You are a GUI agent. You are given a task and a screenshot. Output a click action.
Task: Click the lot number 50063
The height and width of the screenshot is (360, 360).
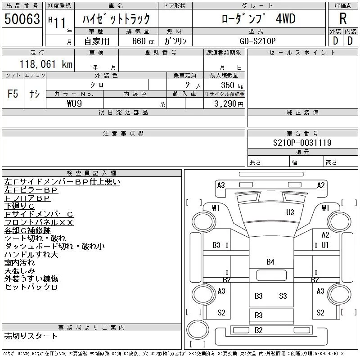22,19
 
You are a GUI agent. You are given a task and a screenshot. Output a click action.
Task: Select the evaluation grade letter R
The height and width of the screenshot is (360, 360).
343,18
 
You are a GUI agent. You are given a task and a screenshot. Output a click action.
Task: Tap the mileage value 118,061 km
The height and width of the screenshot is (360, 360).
46,64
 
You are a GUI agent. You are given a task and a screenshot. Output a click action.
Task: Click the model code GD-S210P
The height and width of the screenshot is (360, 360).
257,41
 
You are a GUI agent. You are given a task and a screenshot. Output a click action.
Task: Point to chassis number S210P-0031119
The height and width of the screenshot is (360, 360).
302,143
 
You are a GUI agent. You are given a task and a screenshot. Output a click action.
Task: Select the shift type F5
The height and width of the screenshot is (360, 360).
13,94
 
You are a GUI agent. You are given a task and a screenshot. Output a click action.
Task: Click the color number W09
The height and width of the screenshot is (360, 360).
74,103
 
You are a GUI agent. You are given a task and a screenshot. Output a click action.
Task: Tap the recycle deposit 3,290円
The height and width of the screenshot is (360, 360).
229,104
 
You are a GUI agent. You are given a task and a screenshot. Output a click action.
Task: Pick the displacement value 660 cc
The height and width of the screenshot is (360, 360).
144,41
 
